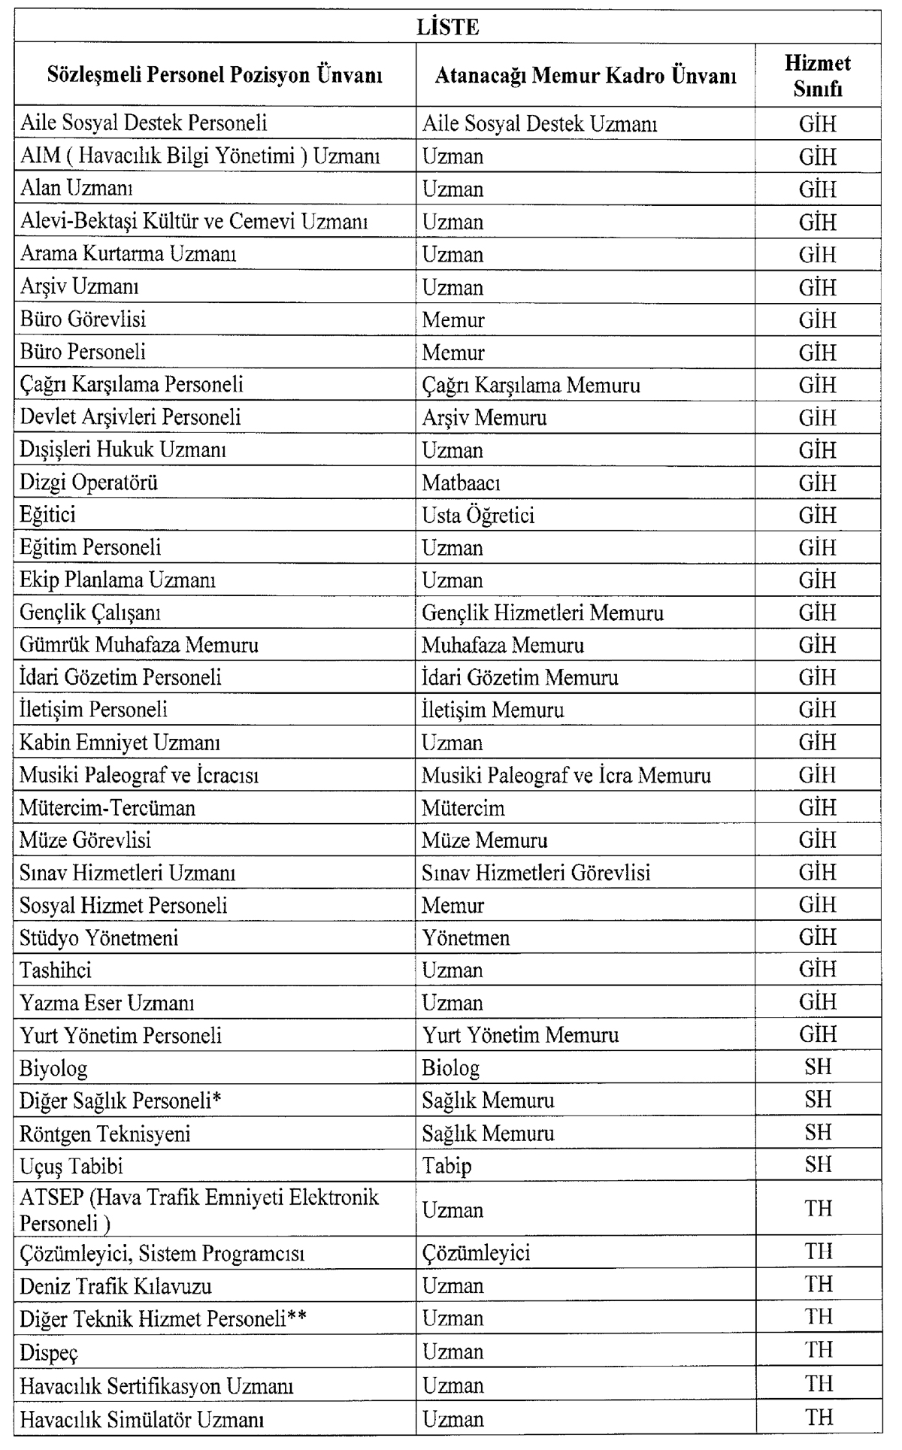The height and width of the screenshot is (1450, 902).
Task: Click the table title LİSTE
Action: click(x=447, y=28)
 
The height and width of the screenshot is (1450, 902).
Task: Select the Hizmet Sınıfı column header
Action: click(x=818, y=75)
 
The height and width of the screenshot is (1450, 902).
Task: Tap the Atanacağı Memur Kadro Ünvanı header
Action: click(x=586, y=76)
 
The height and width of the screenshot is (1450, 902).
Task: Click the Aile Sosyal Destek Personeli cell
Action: click(x=144, y=123)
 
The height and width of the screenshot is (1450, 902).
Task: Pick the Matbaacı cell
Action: click(x=461, y=483)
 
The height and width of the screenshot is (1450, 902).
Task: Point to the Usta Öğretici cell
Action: click(x=478, y=516)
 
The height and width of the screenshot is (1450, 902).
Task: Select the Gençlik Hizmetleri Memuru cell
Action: click(x=543, y=613)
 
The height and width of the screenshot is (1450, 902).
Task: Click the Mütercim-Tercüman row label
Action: click(x=107, y=809)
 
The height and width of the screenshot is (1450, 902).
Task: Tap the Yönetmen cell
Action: click(x=465, y=939)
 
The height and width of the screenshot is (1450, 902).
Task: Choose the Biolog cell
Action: click(x=450, y=1068)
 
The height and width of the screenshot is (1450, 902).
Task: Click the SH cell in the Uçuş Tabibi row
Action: click(x=818, y=1165)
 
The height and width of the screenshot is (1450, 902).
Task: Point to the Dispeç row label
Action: click(x=49, y=1352)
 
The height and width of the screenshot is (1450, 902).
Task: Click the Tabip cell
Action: click(x=446, y=1166)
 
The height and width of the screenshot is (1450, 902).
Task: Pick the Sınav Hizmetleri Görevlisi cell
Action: click(x=536, y=873)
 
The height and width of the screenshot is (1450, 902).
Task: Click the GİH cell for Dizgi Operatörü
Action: click(x=818, y=483)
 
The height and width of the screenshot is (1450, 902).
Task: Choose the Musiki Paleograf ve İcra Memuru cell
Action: click(x=566, y=776)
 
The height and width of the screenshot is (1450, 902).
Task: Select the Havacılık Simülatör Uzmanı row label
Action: click(x=142, y=1419)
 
